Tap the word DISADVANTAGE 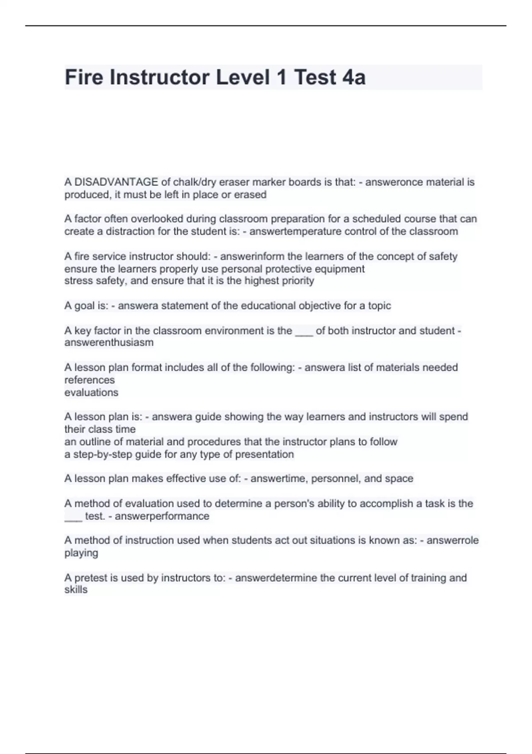(116, 182)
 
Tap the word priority (296, 281)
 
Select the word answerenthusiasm (109, 342)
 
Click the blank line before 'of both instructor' (304, 331)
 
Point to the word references (90, 380)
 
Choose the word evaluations (91, 393)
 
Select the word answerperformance (162, 516)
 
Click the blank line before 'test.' (73, 517)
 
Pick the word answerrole (453, 540)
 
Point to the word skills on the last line (76, 590)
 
